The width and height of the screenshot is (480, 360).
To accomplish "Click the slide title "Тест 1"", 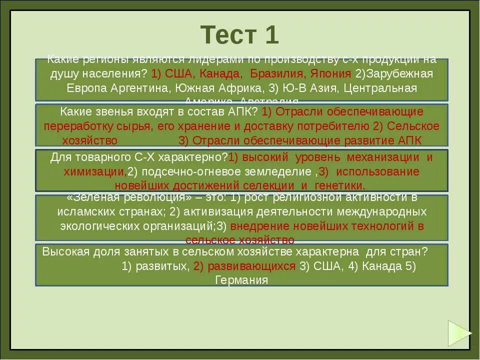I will [x=239, y=34].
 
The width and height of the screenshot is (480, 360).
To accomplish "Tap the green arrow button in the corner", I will [x=458, y=333].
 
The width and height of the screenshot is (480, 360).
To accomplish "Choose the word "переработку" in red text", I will [x=75, y=125].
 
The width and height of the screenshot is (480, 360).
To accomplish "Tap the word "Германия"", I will [x=241, y=280].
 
